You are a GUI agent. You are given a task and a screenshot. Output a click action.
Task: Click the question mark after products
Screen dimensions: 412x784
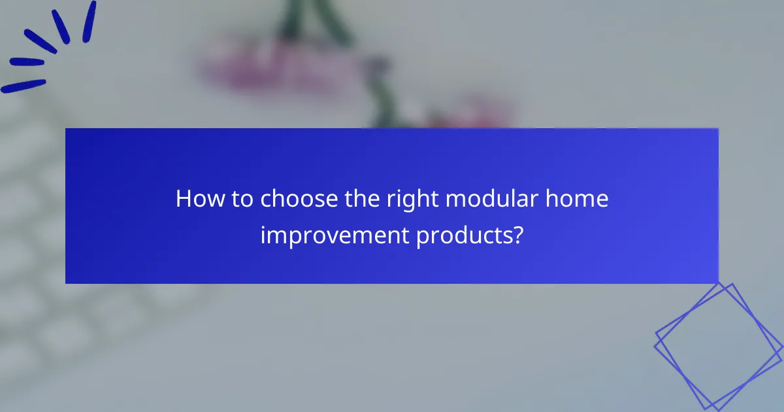(x=517, y=235)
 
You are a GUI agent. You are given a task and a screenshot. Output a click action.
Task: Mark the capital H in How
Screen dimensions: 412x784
(x=184, y=199)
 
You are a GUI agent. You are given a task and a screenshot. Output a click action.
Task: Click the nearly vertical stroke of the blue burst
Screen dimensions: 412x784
(x=89, y=22)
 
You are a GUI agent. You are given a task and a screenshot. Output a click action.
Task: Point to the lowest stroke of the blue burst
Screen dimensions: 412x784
(x=24, y=86)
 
